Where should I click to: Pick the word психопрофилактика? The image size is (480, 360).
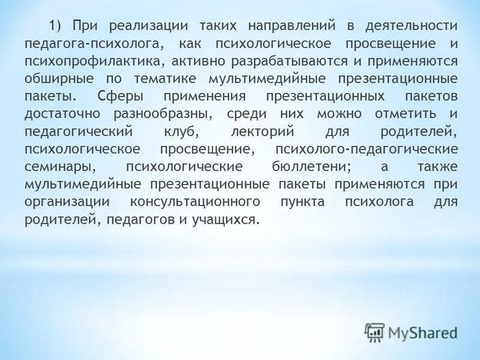[x=94, y=62]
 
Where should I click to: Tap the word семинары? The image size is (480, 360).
[x=55, y=167]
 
